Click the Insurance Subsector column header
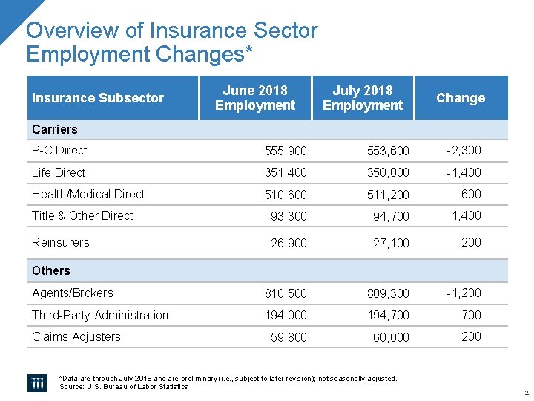[x=98, y=98]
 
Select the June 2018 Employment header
[x=255, y=98]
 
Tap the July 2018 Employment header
[x=363, y=98]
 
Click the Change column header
[x=460, y=98]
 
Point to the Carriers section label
[x=55, y=130]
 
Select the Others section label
[x=51, y=271]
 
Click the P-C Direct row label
[x=59, y=150]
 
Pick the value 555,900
[x=286, y=151]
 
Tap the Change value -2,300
[x=464, y=150]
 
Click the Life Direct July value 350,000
[x=389, y=173]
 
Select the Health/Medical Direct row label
[x=88, y=194]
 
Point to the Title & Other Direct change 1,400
[x=467, y=215]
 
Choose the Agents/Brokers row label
[x=73, y=293]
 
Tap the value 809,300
[x=389, y=293]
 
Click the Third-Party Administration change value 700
[x=471, y=315]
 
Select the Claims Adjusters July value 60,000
[x=391, y=337]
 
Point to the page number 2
[x=525, y=392]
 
